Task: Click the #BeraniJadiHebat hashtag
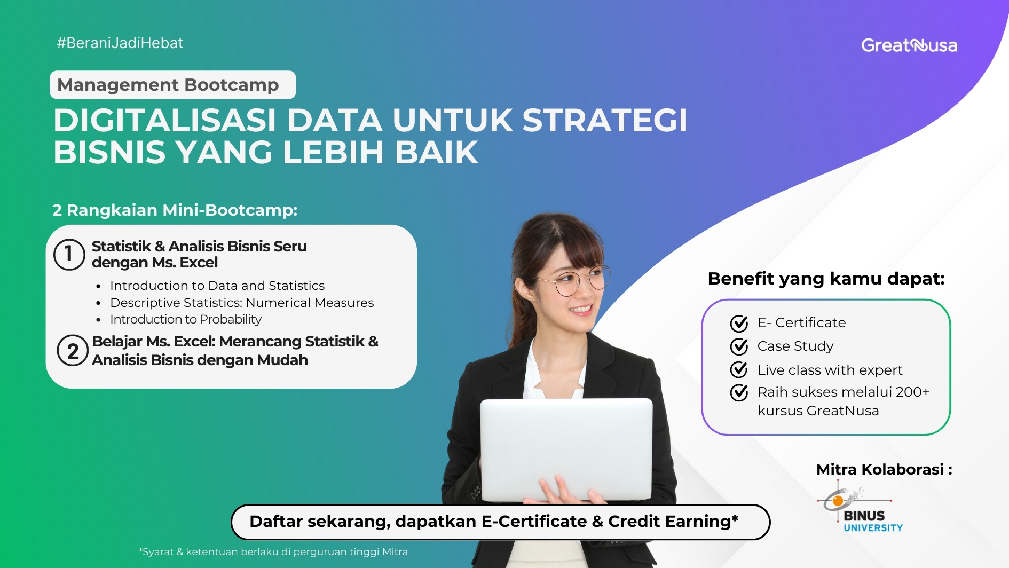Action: click(120, 43)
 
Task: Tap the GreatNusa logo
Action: click(909, 46)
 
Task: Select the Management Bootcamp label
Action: click(169, 85)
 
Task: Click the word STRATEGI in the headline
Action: click(604, 120)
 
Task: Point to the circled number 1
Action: click(69, 255)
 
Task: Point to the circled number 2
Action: click(73, 351)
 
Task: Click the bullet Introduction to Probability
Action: click(185, 319)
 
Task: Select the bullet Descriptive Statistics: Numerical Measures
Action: click(241, 303)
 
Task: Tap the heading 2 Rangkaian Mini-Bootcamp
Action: click(175, 210)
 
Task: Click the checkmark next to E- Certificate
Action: click(739, 324)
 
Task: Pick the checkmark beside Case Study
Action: click(739, 347)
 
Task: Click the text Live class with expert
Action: click(829, 370)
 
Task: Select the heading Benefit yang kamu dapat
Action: click(826, 279)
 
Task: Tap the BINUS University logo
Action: click(861, 508)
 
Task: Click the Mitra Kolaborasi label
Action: click(884, 470)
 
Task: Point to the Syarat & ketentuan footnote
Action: click(273, 552)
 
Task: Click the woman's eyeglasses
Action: click(581, 280)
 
